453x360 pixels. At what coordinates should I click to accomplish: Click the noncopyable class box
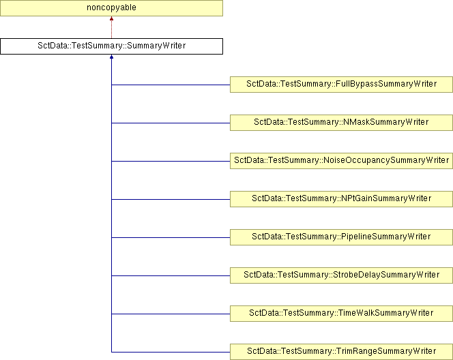(111, 7)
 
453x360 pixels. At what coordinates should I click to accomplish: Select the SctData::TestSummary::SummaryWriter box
(111, 46)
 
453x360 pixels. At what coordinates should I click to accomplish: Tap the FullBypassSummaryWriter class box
(341, 85)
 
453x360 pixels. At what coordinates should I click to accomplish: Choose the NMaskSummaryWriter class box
(341, 123)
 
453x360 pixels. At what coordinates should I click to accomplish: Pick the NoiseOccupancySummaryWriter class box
(341, 160)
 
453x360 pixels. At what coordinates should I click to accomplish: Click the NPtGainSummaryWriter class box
(341, 199)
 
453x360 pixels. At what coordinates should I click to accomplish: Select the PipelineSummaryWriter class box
(341, 237)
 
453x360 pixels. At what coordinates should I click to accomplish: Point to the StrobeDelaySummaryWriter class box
(341, 275)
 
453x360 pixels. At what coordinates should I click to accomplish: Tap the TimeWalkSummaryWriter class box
(341, 313)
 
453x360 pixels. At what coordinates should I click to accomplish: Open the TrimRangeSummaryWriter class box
(341, 352)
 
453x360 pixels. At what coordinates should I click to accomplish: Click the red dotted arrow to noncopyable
(111, 27)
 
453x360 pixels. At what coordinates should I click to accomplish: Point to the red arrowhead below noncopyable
(111, 18)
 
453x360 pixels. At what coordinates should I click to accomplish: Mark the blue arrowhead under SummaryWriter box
(111, 57)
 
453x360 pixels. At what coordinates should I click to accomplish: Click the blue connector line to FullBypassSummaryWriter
(171, 85)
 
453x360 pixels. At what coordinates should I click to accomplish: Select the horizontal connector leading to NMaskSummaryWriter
(171, 123)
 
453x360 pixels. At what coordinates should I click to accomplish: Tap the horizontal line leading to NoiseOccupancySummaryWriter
(171, 161)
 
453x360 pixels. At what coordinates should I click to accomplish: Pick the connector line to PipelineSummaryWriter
(171, 237)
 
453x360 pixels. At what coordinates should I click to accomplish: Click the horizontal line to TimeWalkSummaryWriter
(171, 314)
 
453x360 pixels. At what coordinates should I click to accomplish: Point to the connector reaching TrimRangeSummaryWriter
(171, 352)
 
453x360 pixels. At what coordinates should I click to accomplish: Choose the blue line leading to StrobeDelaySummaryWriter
(171, 275)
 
